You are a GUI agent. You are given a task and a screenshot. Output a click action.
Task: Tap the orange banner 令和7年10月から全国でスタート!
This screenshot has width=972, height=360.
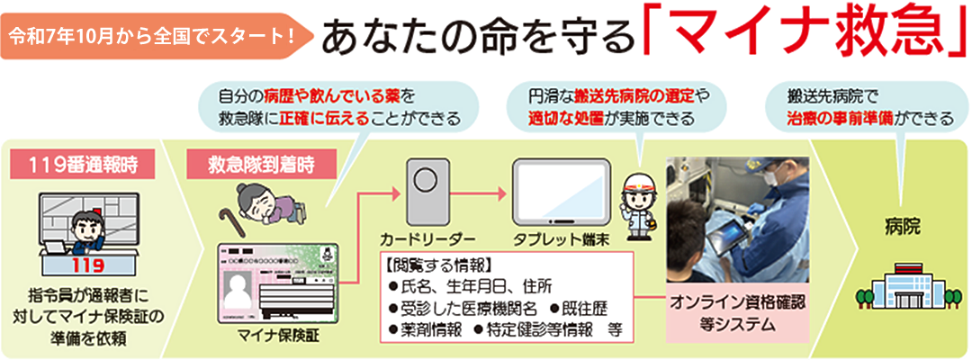point(153,39)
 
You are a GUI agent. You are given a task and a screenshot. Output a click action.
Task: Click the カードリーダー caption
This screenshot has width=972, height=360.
point(427,238)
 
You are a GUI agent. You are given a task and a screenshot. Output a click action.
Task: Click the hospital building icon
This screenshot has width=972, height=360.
point(901,279)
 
